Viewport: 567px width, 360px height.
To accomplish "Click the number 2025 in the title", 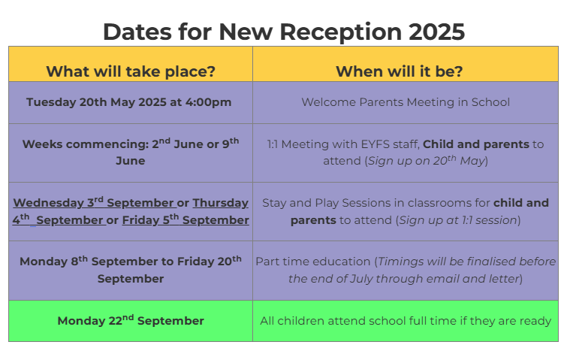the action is pos(437,32).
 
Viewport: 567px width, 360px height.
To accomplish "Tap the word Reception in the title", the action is pos(341,32).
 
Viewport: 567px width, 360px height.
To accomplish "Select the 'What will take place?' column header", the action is pos(131,71).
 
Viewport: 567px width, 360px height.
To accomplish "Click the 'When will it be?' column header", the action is pos(400,71).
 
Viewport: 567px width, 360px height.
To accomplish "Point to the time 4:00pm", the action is pos(208,102).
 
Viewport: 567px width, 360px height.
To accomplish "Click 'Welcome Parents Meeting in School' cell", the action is pos(406,102).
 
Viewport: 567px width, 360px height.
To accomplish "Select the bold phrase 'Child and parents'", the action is pos(476,144).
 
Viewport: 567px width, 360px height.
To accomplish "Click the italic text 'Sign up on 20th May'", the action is pos(427,160).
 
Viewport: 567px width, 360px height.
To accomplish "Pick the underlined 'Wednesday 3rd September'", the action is pos(95,202).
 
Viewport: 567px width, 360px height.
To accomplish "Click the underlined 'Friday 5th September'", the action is pos(185,219).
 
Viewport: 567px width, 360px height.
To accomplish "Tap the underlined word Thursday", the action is pos(221,203).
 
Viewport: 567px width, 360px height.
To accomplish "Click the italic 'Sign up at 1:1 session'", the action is pos(458,220).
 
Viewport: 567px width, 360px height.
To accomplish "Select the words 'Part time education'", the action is pos(313,262).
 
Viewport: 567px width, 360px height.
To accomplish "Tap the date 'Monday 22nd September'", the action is pos(131,321).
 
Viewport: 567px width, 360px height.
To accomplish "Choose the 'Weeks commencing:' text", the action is pos(86,144).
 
